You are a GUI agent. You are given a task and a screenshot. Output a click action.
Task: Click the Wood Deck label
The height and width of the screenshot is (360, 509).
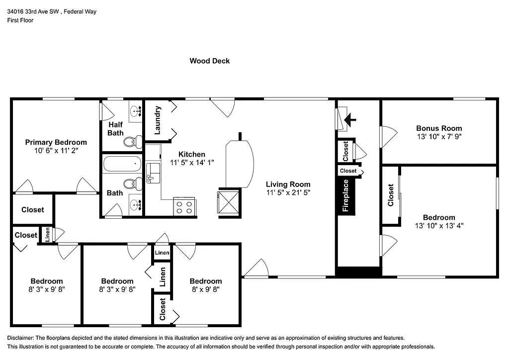point(209,61)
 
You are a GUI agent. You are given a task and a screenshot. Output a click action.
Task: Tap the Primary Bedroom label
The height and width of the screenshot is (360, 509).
point(56,142)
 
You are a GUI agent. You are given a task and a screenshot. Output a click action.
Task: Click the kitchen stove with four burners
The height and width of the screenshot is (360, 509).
point(184,206)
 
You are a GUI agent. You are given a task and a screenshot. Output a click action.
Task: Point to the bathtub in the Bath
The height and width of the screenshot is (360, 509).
point(122,164)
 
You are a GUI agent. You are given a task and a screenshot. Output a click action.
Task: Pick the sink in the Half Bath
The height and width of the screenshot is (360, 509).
point(135,112)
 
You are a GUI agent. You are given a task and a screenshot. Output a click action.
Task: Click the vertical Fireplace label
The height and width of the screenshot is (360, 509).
point(346,196)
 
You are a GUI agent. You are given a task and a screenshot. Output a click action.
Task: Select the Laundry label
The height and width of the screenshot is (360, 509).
point(158,120)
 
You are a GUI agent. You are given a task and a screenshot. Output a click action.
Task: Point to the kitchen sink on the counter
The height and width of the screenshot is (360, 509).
point(153,172)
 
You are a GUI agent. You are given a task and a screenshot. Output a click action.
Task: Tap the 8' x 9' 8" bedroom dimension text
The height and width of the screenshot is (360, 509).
point(205,288)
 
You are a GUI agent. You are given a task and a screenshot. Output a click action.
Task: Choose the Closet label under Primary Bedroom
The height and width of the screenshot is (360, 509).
point(32,210)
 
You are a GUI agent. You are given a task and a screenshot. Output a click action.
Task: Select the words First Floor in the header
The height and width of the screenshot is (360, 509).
point(20,20)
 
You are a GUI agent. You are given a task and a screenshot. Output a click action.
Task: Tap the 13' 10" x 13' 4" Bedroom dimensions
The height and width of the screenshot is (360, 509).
point(439,225)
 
